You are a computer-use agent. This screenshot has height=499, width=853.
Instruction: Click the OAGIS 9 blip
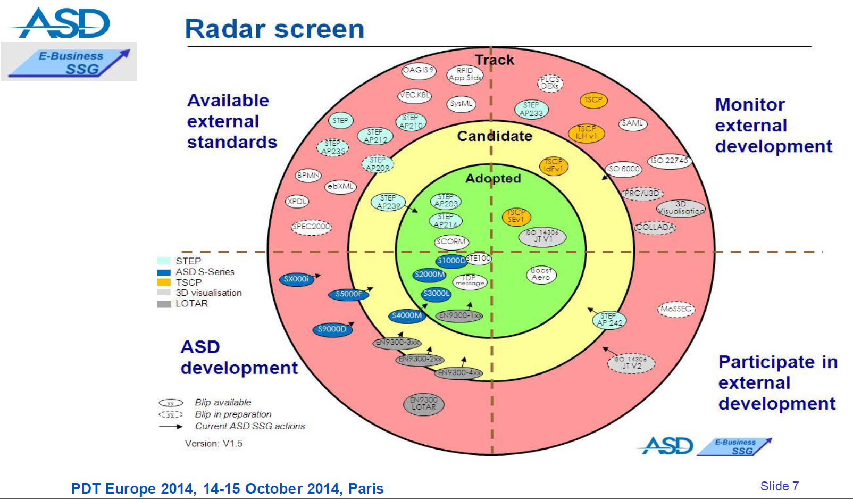tap(419, 70)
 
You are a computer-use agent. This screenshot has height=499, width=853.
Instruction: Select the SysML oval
tap(461, 104)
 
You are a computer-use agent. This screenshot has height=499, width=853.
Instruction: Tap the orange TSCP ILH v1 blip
tap(586, 132)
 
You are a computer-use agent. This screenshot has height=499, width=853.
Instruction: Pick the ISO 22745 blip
tap(670, 161)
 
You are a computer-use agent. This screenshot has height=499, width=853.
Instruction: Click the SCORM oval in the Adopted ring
tap(451, 242)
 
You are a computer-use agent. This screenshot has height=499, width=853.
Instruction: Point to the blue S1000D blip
tap(451, 261)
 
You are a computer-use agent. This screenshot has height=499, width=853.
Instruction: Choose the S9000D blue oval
tap(332, 329)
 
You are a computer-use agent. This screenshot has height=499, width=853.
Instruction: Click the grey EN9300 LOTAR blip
tap(423, 404)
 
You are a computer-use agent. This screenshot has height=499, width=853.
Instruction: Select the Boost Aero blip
tap(541, 274)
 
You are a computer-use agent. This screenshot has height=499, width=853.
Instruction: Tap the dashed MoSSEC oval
tap(676, 309)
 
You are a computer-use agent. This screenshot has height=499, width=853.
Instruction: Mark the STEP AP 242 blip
tap(609, 320)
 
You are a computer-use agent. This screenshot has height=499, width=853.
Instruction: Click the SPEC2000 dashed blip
tap(311, 227)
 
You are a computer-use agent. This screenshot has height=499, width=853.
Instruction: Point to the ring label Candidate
tap(495, 136)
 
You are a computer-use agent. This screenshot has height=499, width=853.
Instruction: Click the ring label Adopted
tap(493, 179)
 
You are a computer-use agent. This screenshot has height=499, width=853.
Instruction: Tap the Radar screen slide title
tap(274, 29)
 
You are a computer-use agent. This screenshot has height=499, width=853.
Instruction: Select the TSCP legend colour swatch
tap(164, 282)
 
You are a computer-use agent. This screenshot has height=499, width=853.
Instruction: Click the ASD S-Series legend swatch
tap(164, 272)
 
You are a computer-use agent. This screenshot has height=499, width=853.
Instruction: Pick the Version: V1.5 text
tap(213, 444)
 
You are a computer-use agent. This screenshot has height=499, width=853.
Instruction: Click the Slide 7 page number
tap(779, 486)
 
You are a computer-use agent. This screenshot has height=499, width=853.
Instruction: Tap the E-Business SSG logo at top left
tap(69, 62)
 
